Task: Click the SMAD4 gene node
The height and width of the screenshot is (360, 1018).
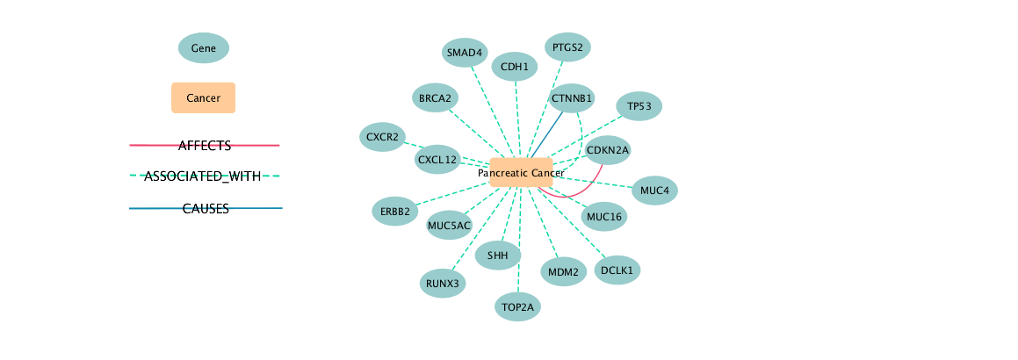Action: click(465, 53)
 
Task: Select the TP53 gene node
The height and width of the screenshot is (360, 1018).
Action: click(639, 107)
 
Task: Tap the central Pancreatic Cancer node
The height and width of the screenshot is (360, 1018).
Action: click(521, 173)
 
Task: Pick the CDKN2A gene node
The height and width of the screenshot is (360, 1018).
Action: click(608, 150)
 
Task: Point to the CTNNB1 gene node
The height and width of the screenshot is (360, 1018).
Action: click(572, 97)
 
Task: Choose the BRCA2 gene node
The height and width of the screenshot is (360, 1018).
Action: click(435, 97)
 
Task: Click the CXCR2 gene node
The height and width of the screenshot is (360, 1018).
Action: click(382, 137)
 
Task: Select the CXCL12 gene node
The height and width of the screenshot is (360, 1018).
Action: click(437, 160)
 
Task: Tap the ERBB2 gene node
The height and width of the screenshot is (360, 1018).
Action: click(395, 212)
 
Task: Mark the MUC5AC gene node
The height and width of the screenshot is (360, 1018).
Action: click(449, 226)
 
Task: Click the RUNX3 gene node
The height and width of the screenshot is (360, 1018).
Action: click(443, 284)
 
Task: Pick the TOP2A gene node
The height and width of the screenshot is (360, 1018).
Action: click(517, 307)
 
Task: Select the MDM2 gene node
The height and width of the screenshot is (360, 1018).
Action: click(562, 272)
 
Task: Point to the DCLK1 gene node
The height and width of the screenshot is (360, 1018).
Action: click(617, 270)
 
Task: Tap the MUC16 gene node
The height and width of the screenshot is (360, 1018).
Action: click(604, 217)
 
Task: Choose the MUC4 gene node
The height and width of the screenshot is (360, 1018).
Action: click(654, 191)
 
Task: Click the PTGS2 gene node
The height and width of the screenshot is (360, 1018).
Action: click(567, 47)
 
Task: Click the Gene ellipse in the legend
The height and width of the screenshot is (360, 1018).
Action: click(204, 48)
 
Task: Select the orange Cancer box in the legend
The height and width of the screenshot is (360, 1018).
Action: click(203, 98)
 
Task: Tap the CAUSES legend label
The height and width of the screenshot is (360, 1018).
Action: click(206, 209)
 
